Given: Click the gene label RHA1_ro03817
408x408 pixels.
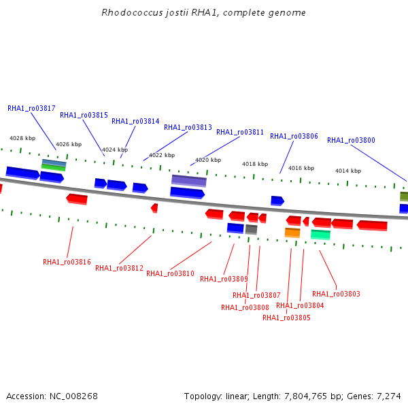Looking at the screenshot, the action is coord(31,108).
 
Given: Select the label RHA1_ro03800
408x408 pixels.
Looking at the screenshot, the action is coord(351,140).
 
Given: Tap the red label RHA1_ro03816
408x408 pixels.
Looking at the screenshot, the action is coord(67,262).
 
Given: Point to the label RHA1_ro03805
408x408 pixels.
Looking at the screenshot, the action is coord(286,318).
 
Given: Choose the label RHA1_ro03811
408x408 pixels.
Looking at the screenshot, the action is coord(240,132).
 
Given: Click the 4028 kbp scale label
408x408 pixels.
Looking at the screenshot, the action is coord(22,138).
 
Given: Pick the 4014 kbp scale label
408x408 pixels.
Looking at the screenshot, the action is coord(348,171).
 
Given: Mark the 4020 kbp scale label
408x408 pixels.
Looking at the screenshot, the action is coord(208,160).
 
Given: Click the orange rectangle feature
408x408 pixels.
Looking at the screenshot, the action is coord(292,233).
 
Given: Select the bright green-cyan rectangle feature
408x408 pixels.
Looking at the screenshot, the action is coord(320,235).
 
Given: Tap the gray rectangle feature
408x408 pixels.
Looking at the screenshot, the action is coord(251,229).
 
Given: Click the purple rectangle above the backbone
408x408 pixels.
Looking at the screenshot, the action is coord(189,181).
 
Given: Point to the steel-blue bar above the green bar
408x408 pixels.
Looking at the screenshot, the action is coord(54,163).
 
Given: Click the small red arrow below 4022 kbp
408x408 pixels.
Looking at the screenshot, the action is coord(154,208).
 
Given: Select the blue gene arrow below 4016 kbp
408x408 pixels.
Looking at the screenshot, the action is coord(277,201).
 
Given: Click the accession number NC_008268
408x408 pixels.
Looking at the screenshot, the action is coord(73,396).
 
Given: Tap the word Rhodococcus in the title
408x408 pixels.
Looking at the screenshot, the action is coord(132,12).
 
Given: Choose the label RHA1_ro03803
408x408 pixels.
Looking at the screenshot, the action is coord(336,294).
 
